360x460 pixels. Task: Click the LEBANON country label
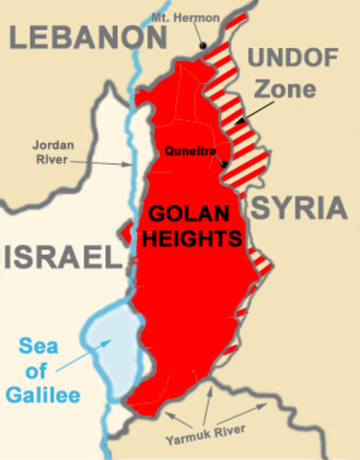point(84,38)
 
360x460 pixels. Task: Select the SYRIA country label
point(298,208)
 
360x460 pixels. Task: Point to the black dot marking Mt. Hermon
point(203,45)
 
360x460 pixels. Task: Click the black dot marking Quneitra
point(223,164)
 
